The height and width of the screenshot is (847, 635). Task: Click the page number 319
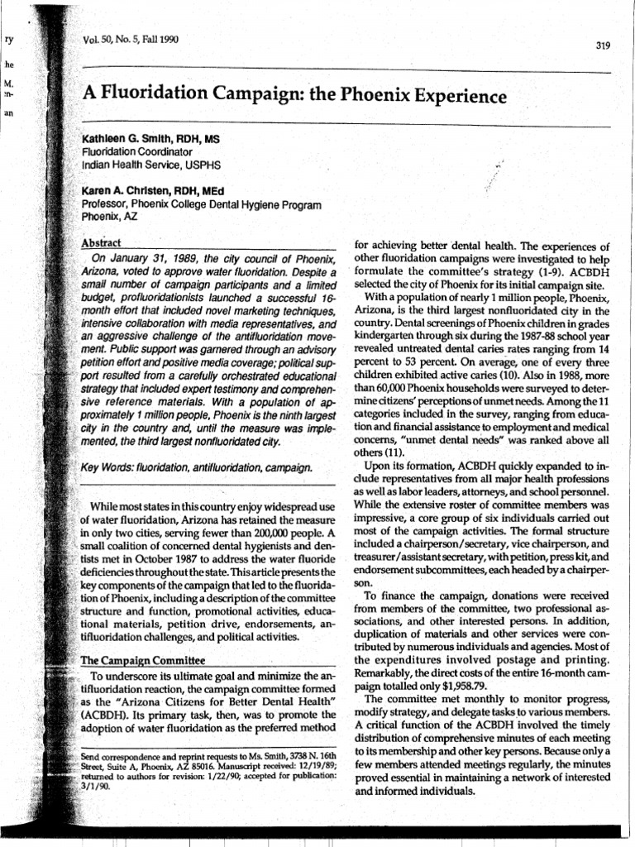click(x=602, y=45)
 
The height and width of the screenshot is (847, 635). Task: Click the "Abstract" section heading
click(x=102, y=242)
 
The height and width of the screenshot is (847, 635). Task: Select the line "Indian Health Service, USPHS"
click(x=143, y=165)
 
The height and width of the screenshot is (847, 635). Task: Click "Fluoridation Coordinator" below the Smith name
click(x=136, y=152)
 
